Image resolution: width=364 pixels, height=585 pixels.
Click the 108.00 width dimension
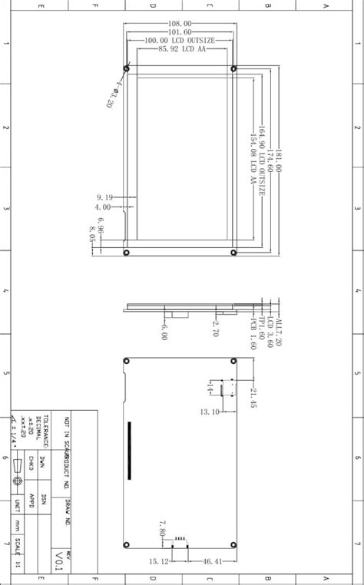tap(180, 25)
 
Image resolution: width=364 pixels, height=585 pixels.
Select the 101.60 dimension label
tap(180, 32)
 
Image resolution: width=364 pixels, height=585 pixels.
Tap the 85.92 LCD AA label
tap(181, 48)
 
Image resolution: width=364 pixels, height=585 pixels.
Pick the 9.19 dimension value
tap(105, 197)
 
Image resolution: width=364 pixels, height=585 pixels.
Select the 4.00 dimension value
tap(103, 207)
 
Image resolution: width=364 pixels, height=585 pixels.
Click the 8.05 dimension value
tap(92, 233)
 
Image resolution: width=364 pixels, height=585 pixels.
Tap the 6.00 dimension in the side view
tap(164, 332)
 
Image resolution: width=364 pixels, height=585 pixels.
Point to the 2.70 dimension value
tap(216, 329)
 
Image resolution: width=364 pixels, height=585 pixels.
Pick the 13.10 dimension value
tap(210, 412)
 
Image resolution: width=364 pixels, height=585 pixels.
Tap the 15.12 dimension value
tap(159, 562)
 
